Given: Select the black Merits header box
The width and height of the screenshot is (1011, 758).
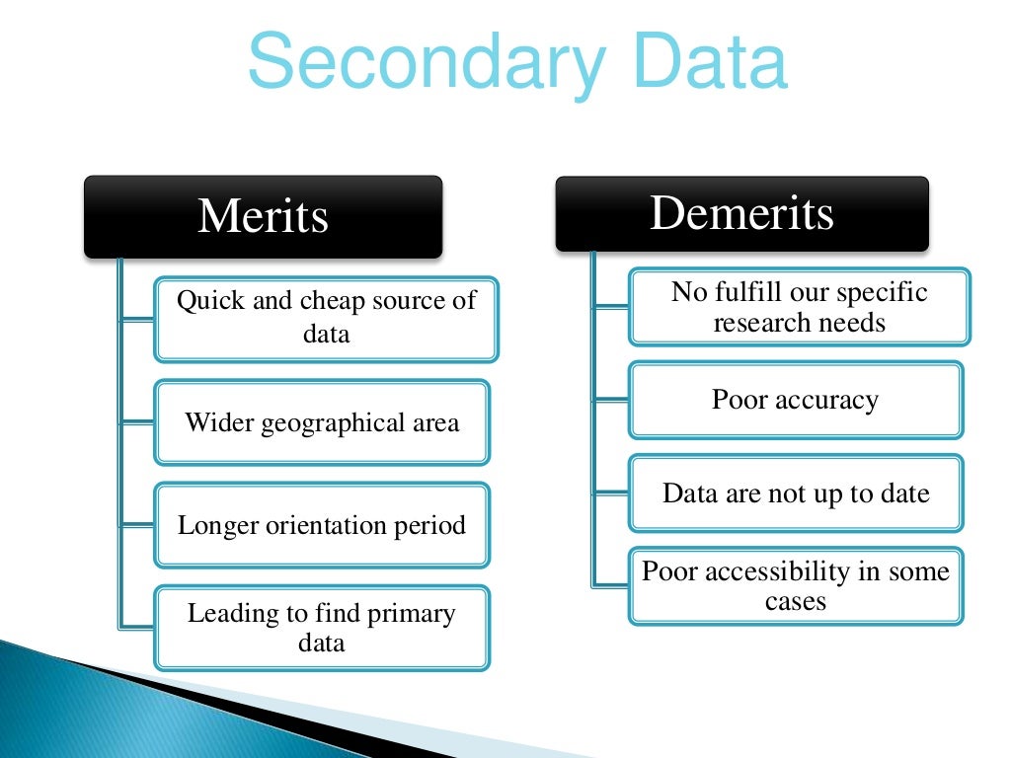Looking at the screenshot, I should click(x=263, y=216).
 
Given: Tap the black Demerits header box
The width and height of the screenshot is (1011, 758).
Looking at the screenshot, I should click(x=741, y=213).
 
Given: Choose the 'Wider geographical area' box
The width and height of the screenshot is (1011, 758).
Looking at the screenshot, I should click(x=322, y=422).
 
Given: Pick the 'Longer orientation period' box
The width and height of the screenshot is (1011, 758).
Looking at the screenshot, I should click(x=322, y=525).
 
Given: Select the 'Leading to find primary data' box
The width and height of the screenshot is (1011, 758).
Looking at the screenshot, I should click(x=322, y=628).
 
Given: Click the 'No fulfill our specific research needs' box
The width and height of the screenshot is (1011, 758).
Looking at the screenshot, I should click(x=800, y=306).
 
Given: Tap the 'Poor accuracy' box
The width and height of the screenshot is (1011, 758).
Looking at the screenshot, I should click(x=796, y=400).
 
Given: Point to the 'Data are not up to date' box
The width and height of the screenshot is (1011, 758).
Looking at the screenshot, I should click(x=796, y=493).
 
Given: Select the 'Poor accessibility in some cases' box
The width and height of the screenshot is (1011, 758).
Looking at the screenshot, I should click(x=796, y=585).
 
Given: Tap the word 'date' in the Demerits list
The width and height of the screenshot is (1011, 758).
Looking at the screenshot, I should click(x=905, y=493).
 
